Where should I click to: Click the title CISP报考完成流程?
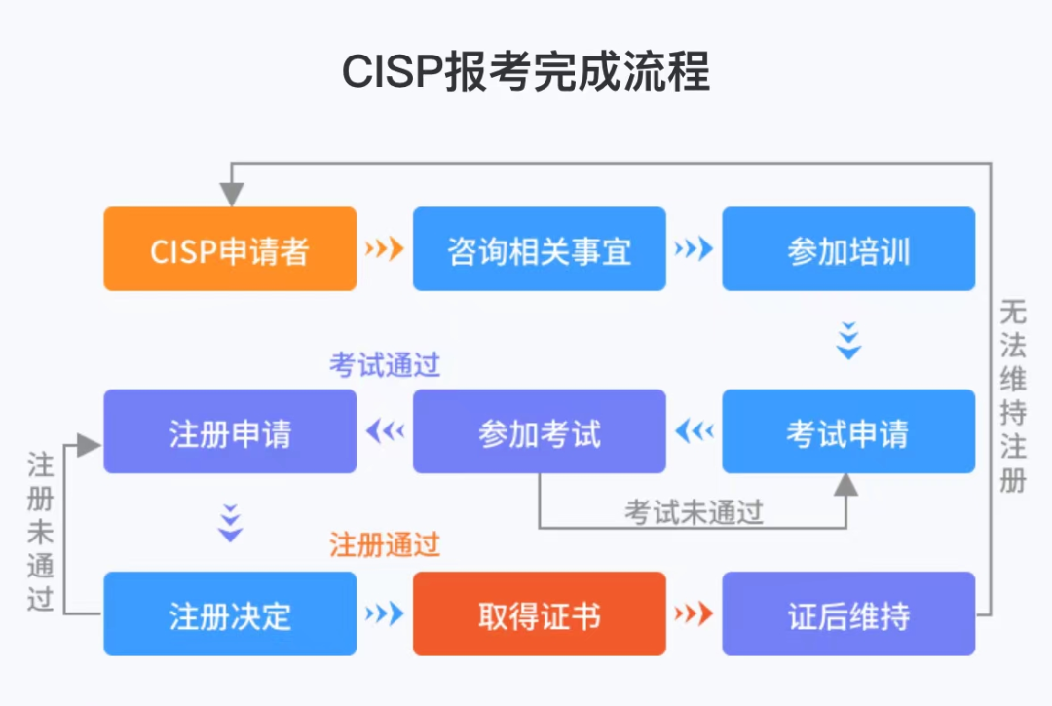526,72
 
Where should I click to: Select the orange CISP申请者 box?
230,249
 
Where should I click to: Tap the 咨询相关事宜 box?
539,249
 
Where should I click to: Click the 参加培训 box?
847,249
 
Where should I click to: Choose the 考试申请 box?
847,431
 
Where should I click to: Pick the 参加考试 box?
539,431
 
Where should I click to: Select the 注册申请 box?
230,431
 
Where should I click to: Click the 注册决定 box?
230,613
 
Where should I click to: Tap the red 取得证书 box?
539,613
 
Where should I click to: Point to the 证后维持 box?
847,613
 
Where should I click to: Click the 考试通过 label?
385,365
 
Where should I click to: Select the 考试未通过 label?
694,512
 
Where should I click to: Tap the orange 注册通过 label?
385,544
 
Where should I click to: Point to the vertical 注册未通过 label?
40,531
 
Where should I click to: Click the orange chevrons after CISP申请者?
384,249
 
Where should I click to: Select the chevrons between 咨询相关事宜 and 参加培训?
693,249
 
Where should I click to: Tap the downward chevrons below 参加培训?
848,340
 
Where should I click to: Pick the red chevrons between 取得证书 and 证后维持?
693,613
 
